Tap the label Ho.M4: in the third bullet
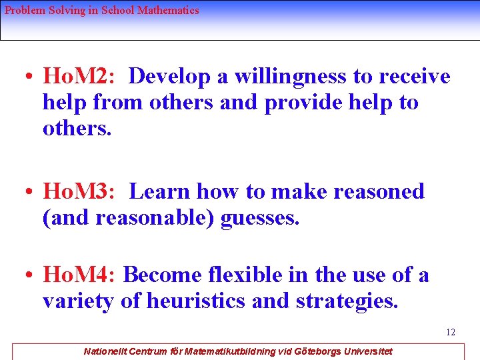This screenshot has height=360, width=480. (79, 275)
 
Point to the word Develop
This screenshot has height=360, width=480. (169, 77)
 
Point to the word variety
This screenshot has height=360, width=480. (78, 301)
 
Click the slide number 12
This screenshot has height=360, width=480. (451, 332)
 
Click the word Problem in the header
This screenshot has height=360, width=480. (23, 11)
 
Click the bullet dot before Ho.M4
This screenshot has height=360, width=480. (30, 275)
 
